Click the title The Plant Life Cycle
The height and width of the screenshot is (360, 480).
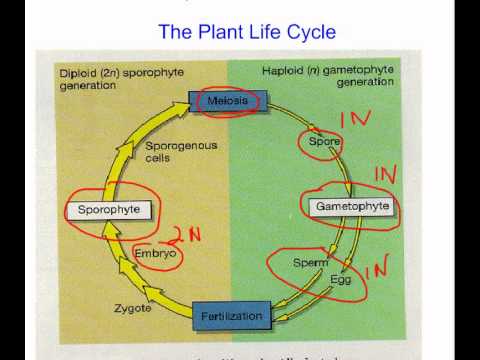click(247, 33)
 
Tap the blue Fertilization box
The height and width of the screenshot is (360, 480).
click(231, 316)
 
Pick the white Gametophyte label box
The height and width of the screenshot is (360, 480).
click(349, 206)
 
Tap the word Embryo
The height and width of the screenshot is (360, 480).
click(154, 254)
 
